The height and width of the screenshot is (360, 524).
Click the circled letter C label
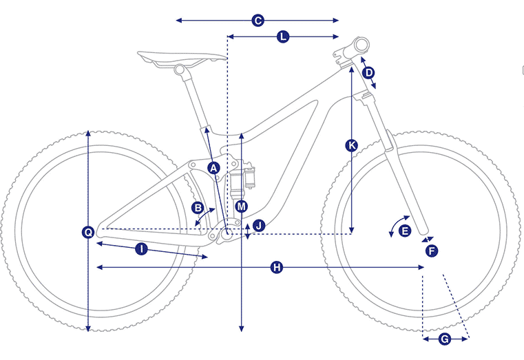[258, 21]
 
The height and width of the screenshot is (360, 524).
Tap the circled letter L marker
[283, 36]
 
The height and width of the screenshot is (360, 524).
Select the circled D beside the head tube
[368, 73]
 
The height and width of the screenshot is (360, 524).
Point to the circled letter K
[351, 146]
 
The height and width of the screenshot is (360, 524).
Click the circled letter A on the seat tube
[213, 168]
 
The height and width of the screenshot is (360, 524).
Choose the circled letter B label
[198, 208]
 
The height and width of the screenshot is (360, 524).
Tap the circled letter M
[241, 207]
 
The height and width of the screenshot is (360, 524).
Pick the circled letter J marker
[259, 226]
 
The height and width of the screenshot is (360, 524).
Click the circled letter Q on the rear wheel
[88, 232]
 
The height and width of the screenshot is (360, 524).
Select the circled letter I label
[141, 249]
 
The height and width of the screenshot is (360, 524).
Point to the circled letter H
[276, 267]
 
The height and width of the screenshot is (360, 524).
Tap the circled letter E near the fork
[405, 231]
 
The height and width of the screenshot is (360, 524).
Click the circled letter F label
[432, 251]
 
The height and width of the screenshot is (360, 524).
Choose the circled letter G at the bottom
[445, 339]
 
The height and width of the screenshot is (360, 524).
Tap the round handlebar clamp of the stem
[361, 45]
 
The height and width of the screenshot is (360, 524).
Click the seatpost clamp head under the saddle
[180, 70]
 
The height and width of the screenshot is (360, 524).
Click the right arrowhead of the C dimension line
[336, 21]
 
